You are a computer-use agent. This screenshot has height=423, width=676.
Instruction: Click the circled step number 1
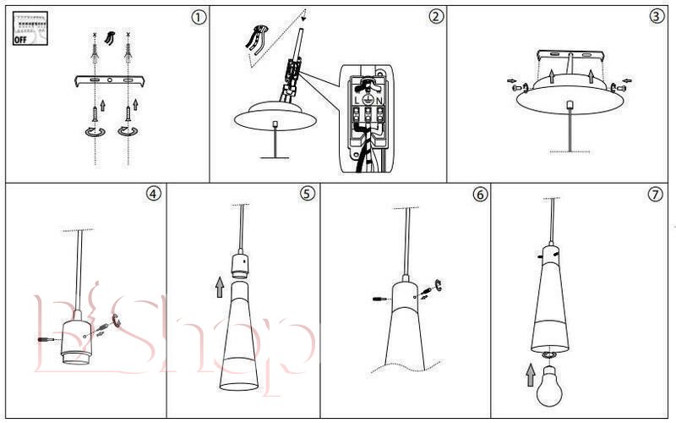[x=199, y=17]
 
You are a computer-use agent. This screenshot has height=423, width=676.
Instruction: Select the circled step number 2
[x=436, y=16]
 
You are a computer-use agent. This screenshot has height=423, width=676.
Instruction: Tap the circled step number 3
[x=657, y=16]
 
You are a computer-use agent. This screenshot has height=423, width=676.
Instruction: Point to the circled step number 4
[x=154, y=194]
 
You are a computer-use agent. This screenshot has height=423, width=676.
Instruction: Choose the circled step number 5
[x=307, y=194]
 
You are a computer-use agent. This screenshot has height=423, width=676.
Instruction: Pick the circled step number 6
[x=480, y=195]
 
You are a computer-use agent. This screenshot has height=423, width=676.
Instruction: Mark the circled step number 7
[x=656, y=195]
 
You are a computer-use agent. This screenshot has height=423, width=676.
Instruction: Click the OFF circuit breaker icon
[x=30, y=29]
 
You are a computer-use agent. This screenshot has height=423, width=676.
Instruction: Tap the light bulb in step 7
[x=548, y=387]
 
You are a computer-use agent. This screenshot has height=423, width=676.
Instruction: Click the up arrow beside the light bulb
[x=531, y=375]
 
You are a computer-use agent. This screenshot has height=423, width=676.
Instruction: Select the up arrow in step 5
[x=220, y=287]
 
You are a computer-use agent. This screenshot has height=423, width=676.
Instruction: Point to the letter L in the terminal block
[x=357, y=100]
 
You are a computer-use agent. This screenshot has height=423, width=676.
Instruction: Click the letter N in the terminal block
[x=379, y=100]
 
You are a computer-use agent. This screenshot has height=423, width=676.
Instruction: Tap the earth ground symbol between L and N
[x=368, y=100]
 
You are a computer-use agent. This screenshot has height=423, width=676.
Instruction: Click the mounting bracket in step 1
[x=110, y=80]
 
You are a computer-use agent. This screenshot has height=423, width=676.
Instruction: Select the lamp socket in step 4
[x=75, y=339]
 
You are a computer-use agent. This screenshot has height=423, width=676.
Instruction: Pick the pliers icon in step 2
[x=257, y=40]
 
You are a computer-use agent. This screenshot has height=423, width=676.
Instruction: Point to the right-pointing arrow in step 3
[x=512, y=80]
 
